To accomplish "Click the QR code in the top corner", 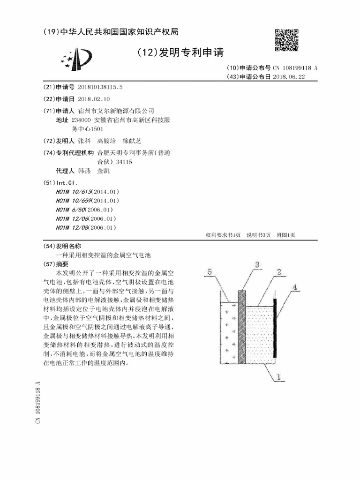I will (x=286, y=40).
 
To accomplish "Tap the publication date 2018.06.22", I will (x=289, y=76).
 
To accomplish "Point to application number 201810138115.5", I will (x=100, y=87).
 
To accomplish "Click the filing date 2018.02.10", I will (x=94, y=99).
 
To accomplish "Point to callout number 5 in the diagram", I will (x=210, y=271).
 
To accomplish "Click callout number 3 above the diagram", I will (x=257, y=265).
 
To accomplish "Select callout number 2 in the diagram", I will (x=278, y=272).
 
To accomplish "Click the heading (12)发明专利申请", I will (x=180, y=51).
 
